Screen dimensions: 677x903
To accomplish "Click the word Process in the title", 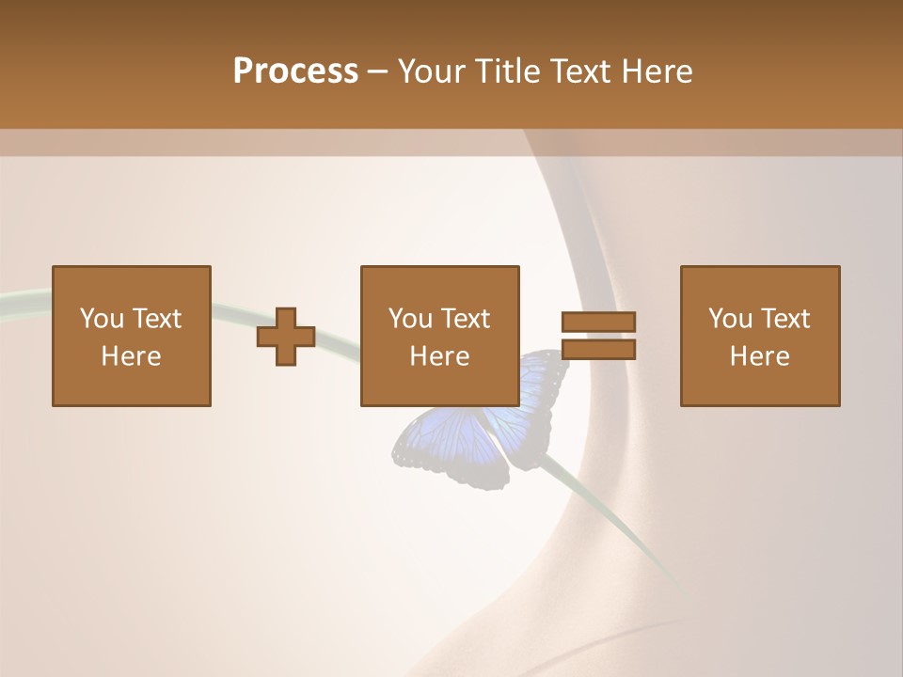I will [295, 71].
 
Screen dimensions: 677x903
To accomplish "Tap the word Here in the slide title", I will [657, 71].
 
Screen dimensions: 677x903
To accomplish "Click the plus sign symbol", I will [286, 337].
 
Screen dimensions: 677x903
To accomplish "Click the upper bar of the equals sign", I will [598, 322].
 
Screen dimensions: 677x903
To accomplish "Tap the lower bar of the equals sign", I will [598, 350].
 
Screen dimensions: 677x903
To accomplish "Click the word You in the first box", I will [102, 319].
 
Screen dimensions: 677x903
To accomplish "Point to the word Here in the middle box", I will [440, 356].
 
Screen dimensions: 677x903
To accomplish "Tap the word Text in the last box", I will [785, 319].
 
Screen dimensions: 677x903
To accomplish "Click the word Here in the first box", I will [132, 356].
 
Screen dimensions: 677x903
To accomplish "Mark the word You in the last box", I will [730, 319].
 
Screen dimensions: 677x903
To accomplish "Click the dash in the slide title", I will [378, 71].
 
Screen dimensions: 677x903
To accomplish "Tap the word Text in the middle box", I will [466, 319].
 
